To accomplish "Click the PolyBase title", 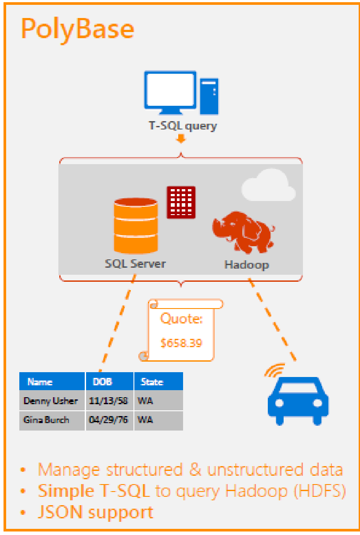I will point(77,29).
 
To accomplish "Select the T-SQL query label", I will point(182,126).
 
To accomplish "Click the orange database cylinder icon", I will point(136,224).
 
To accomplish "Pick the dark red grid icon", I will point(181,202).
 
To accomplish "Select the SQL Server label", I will point(135,264).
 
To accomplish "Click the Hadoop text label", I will point(246,265).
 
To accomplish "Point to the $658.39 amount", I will point(181,343).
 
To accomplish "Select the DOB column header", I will point(103,382).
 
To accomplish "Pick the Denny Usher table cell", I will point(51,401).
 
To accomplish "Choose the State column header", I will point(152,382).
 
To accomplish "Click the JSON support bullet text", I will point(95,512).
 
